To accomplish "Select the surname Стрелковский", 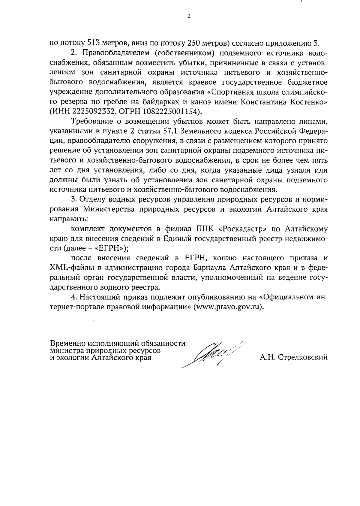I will click(x=303, y=357).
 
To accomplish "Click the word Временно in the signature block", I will click(x=68, y=343).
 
